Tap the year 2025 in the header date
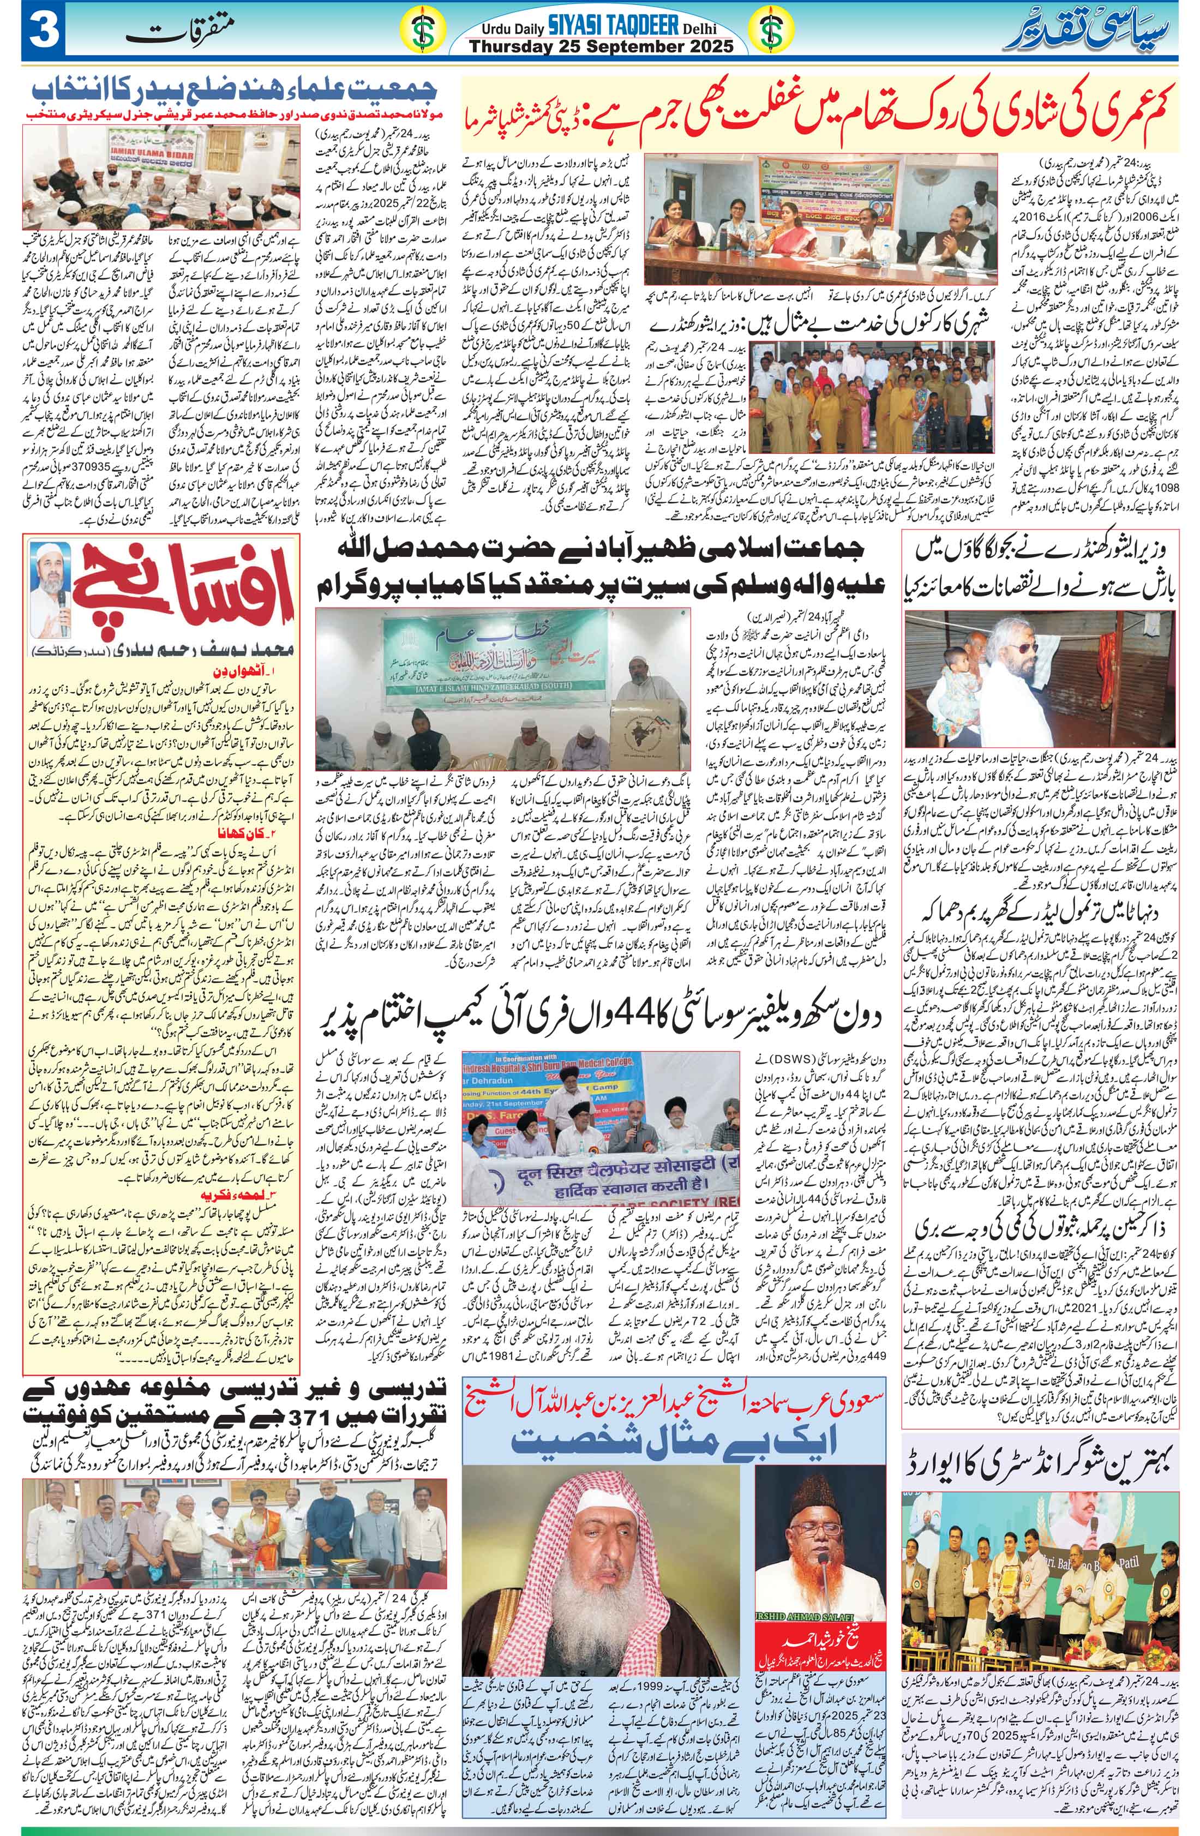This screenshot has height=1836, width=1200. tap(698, 45)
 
